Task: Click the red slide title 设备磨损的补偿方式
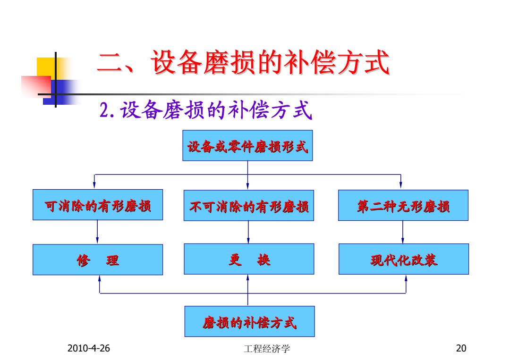pos(243,62)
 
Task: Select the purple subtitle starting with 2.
pos(205,109)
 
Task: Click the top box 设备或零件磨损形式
pos(247,146)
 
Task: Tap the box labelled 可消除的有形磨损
pos(98,205)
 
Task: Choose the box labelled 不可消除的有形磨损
pos(249,205)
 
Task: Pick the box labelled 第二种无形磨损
pos(403,205)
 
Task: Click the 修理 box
pos(98,260)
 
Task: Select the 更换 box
pos(249,259)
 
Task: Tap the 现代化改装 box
pos(404,259)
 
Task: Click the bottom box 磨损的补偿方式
pos(249,321)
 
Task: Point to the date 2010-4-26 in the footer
pos(88,348)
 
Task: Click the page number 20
pos(461,348)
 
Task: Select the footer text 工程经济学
pos(267,349)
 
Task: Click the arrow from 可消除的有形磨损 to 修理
pos(97,232)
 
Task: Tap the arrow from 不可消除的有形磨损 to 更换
pos(248,232)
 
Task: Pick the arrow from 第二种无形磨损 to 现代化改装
pos(403,232)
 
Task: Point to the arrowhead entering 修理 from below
pos(100,279)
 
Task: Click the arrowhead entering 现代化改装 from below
pos(406,278)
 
